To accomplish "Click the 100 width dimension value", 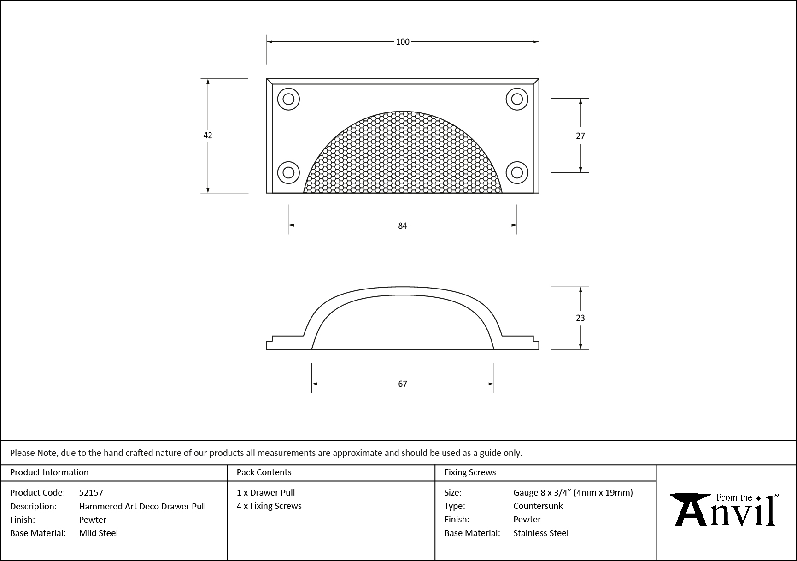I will pyautogui.click(x=402, y=42).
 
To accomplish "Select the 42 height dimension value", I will pyautogui.click(x=208, y=136).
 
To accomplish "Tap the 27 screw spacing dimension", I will pyautogui.click(x=580, y=136).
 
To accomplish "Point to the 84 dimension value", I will pyautogui.click(x=402, y=225).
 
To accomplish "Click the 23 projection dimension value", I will pyautogui.click(x=580, y=318).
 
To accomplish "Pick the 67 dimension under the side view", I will pyautogui.click(x=402, y=384).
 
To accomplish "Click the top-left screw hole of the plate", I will pyautogui.click(x=288, y=99).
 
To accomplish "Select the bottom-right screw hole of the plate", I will pyautogui.click(x=517, y=172).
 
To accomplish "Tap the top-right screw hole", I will pyautogui.click(x=517, y=99).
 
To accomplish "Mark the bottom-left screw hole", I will pyautogui.click(x=288, y=172).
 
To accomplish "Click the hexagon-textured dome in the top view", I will pyautogui.click(x=402, y=157).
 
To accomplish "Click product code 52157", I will pyautogui.click(x=91, y=492).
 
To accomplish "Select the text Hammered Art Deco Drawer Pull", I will pyautogui.click(x=142, y=506).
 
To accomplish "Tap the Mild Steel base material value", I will pyautogui.click(x=98, y=533).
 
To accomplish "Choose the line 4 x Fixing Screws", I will pyautogui.click(x=269, y=506).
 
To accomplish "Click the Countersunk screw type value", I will pyautogui.click(x=538, y=506).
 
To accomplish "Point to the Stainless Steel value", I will pyautogui.click(x=541, y=533).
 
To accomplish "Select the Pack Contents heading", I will pyautogui.click(x=264, y=472).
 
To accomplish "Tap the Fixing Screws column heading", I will pyautogui.click(x=470, y=472).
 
